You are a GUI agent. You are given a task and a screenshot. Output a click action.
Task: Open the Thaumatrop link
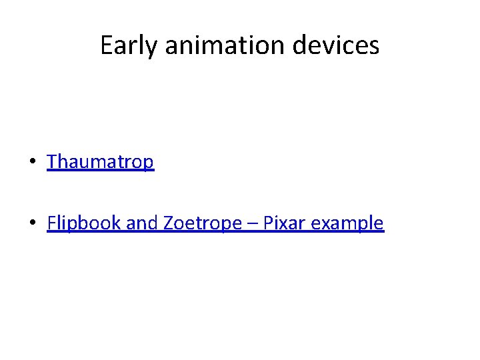[100, 162]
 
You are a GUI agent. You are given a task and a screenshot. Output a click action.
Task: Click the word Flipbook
[84, 223]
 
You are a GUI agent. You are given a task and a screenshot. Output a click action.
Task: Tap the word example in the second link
[347, 223]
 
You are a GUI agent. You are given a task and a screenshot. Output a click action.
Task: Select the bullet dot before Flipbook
[33, 224]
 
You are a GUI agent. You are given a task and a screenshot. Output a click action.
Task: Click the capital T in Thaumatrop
[52, 162]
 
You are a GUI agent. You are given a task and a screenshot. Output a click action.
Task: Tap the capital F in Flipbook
[51, 223]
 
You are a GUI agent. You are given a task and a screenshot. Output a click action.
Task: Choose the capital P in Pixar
[269, 223]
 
